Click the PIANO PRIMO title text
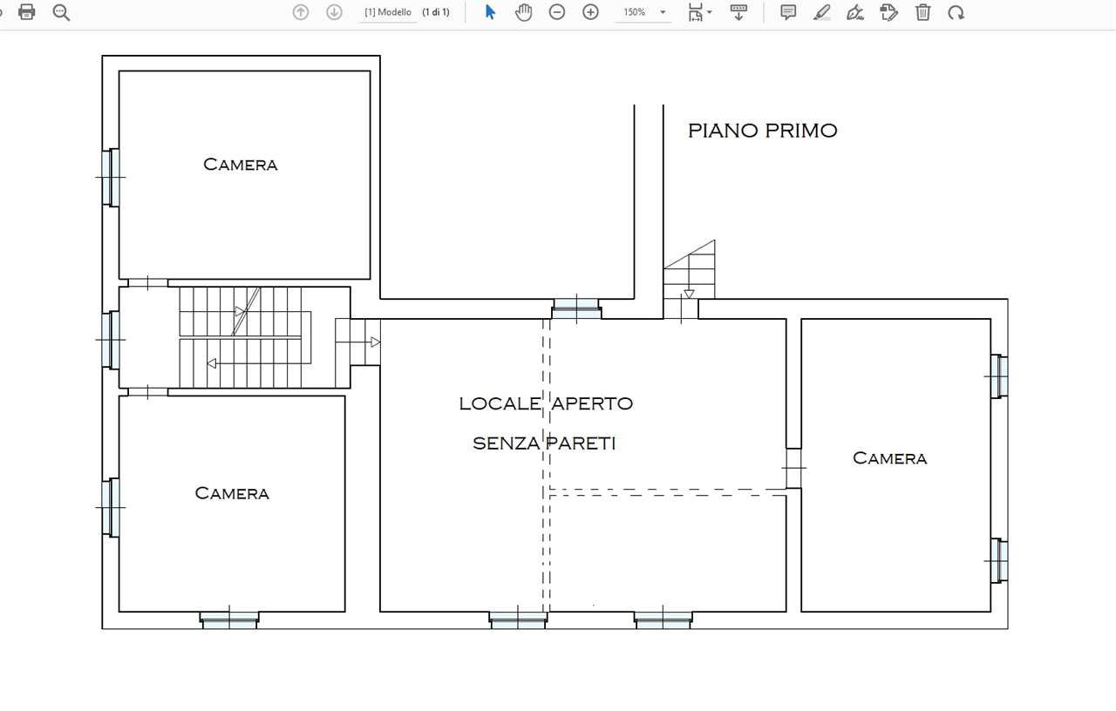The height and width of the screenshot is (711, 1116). pyautogui.click(x=762, y=131)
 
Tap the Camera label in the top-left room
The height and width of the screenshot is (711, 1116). pyautogui.click(x=241, y=165)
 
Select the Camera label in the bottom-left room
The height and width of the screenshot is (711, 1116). pyautogui.click(x=232, y=493)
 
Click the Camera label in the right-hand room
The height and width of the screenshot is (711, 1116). pyautogui.click(x=889, y=458)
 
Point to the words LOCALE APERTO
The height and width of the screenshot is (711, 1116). pyautogui.click(x=546, y=403)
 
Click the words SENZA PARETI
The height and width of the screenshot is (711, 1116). pyautogui.click(x=544, y=444)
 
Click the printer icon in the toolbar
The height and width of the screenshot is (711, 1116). pyautogui.click(x=27, y=12)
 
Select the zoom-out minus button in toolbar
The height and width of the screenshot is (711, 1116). pyautogui.click(x=557, y=12)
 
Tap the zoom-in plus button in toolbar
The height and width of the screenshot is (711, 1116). pyautogui.click(x=590, y=12)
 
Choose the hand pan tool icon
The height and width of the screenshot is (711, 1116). pyautogui.click(x=523, y=12)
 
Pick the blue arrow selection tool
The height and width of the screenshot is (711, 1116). pyautogui.click(x=490, y=12)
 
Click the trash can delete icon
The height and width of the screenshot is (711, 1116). pyautogui.click(x=922, y=12)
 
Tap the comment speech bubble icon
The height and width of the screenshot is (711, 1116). pyautogui.click(x=788, y=12)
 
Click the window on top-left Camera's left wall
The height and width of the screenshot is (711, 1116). pyautogui.click(x=111, y=178)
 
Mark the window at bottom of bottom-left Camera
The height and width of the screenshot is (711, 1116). pyautogui.click(x=229, y=620)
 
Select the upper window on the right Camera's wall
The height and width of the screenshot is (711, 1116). pyautogui.click(x=999, y=376)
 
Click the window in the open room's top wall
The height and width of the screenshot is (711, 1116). pyautogui.click(x=576, y=308)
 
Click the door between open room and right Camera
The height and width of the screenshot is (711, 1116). pyautogui.click(x=793, y=468)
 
